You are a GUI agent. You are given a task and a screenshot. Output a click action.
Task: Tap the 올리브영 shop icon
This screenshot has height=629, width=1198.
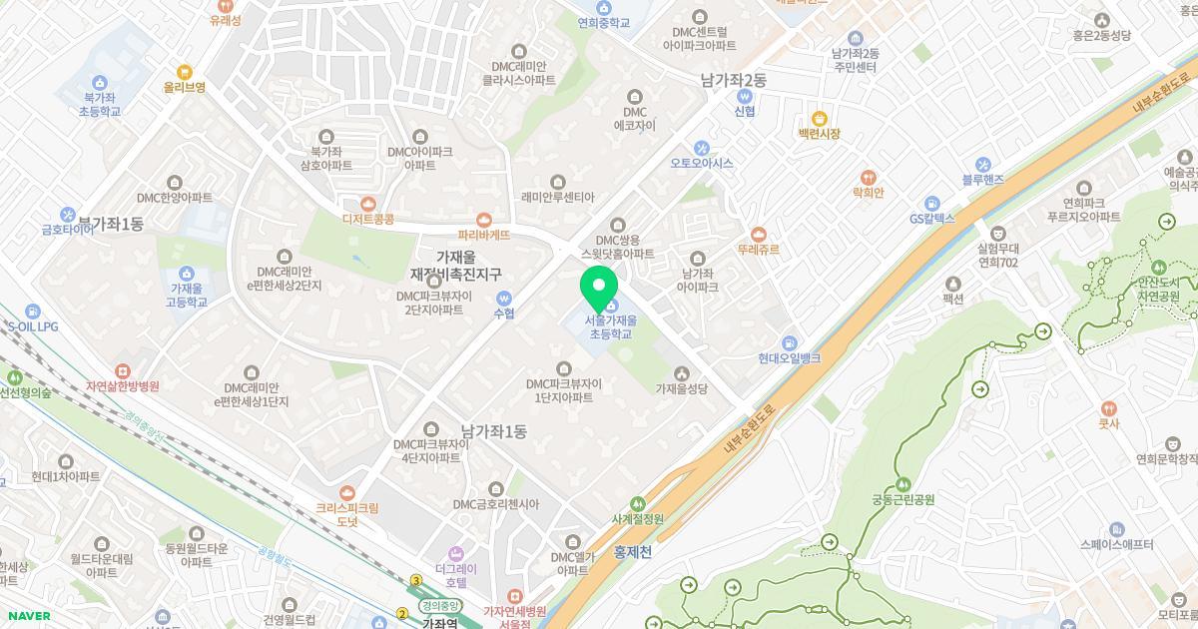(x=184, y=72)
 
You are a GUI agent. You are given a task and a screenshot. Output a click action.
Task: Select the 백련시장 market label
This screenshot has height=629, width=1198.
(x=819, y=134)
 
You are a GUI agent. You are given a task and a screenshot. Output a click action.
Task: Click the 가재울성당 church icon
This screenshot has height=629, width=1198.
(x=682, y=373)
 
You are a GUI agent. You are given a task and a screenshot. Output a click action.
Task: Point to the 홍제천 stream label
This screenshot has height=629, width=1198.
(x=632, y=550)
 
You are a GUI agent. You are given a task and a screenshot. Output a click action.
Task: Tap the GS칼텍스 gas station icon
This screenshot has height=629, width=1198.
(x=932, y=203)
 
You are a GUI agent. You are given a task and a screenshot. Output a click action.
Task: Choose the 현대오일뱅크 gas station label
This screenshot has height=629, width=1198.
(x=789, y=357)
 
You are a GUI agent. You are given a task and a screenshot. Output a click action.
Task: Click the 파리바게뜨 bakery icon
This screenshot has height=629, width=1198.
(x=484, y=220)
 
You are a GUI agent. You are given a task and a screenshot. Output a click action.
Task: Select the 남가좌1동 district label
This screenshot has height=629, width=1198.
(x=493, y=431)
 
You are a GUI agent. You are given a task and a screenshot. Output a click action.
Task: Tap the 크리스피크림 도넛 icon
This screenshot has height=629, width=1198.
(x=346, y=492)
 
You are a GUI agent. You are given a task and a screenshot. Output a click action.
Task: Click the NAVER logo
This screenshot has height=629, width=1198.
(x=26, y=616)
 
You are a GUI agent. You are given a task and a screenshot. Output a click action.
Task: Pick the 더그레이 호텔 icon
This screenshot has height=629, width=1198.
(x=456, y=553)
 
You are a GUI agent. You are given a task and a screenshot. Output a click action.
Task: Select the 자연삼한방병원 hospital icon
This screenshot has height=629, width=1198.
(x=122, y=370)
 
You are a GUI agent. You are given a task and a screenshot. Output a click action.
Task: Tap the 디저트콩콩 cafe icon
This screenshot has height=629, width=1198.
(x=368, y=203)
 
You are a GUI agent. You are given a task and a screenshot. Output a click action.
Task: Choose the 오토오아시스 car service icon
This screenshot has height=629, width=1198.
(x=702, y=148)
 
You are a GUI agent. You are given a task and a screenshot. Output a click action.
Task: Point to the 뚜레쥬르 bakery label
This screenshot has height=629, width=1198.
(x=758, y=250)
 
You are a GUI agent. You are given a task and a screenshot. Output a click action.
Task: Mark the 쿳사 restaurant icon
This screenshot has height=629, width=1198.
(x=1108, y=408)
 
